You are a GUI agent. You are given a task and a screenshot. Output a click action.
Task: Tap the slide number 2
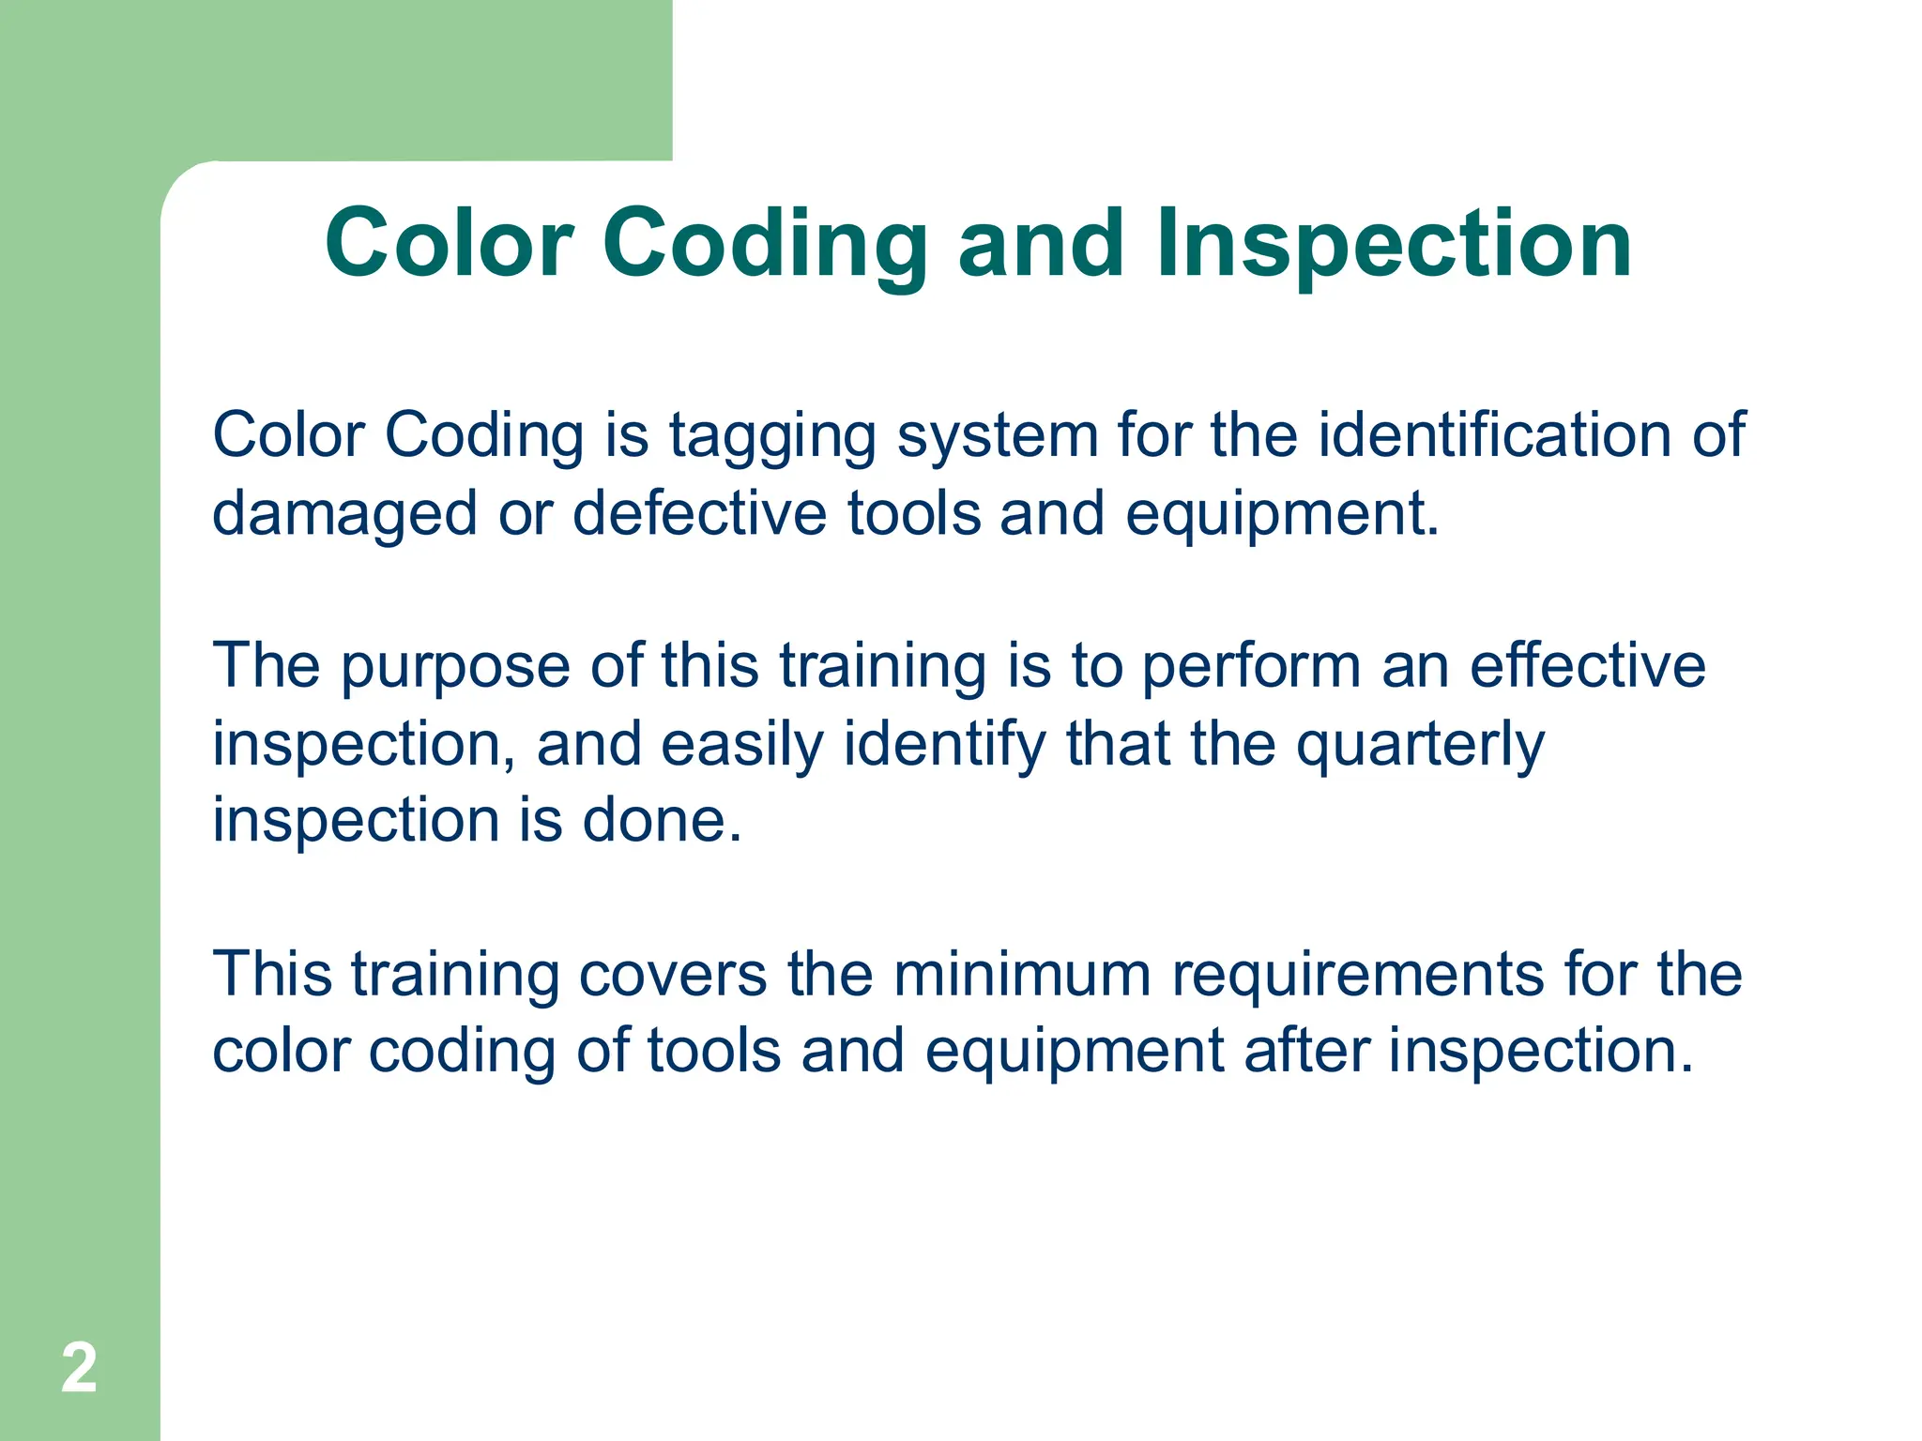(x=79, y=1369)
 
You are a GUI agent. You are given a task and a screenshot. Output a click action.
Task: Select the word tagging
(x=771, y=437)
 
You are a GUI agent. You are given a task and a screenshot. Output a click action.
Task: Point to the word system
(x=997, y=437)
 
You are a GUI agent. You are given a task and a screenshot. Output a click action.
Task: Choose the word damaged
(x=344, y=515)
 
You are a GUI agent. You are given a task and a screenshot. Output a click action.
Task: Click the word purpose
(x=455, y=668)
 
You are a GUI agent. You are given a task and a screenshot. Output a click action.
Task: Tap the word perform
(x=1251, y=667)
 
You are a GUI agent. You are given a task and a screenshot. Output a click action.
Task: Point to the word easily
(x=741, y=745)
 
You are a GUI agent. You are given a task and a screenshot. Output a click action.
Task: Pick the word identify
(x=944, y=745)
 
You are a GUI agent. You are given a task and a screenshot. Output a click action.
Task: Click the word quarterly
(x=1420, y=745)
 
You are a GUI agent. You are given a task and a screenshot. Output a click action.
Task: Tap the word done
(x=663, y=821)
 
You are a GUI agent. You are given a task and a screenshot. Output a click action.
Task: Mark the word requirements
(x=1357, y=976)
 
